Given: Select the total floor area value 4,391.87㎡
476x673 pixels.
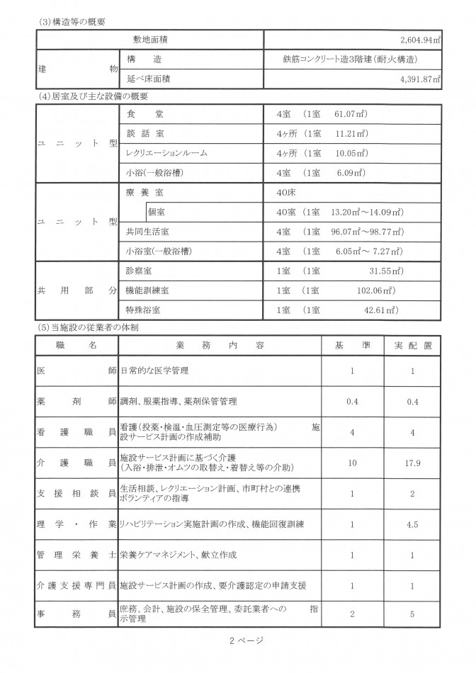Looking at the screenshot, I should [419, 79].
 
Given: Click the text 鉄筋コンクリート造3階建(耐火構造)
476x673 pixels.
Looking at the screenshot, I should [348, 60].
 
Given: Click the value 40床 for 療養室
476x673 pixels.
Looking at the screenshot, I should [290, 192].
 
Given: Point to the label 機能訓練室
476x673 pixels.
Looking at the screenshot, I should [147, 290].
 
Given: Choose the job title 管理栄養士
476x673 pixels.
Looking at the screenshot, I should [76, 555].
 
